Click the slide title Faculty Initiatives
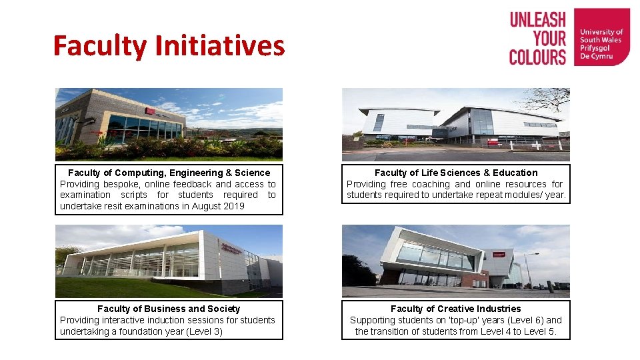[169, 46]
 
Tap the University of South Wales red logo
[601, 37]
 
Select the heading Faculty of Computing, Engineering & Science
[169, 173]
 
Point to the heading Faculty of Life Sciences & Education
[456, 173]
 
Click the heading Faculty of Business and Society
[169, 309]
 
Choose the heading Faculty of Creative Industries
[456, 309]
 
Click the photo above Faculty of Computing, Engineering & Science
[169, 125]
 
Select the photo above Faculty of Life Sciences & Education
[456, 125]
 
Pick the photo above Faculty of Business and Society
[169, 261]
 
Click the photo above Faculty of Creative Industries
[456, 261]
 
